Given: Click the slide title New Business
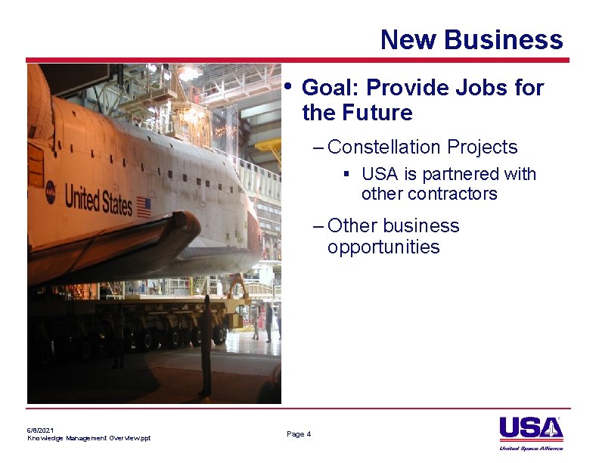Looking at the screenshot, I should click(471, 39).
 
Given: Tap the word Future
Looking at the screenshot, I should click(377, 113).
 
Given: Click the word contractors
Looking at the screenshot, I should click(429, 194).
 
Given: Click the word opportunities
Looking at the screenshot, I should click(383, 247).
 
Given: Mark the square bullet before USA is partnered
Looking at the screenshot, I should click(346, 174).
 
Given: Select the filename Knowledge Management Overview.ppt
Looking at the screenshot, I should click(88, 438).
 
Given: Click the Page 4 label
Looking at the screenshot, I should click(299, 433).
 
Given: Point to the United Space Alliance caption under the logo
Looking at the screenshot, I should click(531, 448).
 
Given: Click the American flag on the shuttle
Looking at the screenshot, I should click(144, 207).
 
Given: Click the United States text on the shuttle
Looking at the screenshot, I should click(98, 200).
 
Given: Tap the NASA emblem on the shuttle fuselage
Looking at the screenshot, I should click(51, 192).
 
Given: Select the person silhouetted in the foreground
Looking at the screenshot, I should click(205, 344).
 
